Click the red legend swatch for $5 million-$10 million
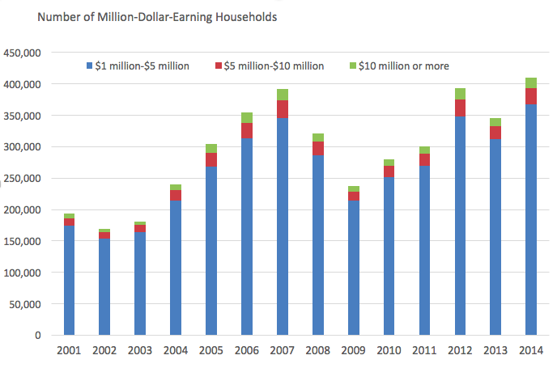coord(219,66)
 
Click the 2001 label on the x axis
coord(69,351)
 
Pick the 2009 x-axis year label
coord(353,351)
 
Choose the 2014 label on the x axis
coord(530,351)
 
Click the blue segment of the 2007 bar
coord(282,226)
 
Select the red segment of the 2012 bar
coord(460,108)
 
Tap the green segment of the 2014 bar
coord(531,82)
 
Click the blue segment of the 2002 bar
coord(104,287)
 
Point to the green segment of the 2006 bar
coord(246,118)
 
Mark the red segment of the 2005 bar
coord(210,159)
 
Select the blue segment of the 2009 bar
coord(353,268)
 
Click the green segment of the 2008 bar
coord(317,137)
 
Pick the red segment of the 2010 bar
coord(389,171)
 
